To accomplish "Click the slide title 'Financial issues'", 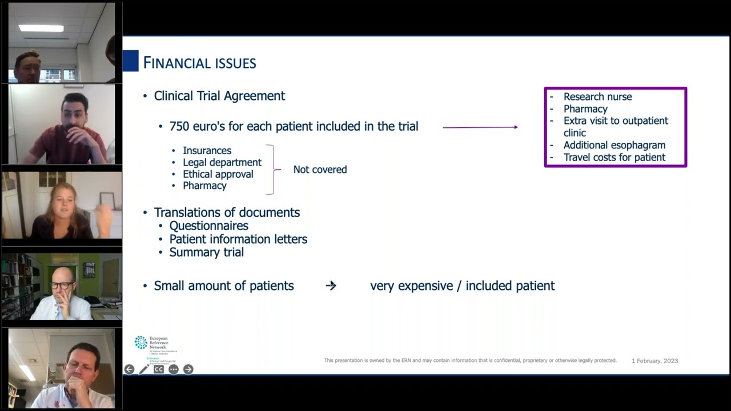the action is (199, 63).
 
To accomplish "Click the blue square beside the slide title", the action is (131, 61).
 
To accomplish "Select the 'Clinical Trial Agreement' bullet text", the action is (219, 96).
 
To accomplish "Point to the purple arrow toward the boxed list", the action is (480, 127).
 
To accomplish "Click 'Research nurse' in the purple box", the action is (597, 97).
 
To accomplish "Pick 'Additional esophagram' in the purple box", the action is (614, 145).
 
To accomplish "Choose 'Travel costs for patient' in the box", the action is (614, 158).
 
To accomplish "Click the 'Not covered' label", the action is (320, 170).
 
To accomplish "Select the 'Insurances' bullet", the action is (207, 151).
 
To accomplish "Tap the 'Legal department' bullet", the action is (222, 163).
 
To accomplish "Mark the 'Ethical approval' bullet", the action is (218, 174).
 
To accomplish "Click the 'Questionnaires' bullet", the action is (208, 225).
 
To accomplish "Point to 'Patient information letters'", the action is (238, 239).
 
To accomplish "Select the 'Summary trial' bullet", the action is (206, 252).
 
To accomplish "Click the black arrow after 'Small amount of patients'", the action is (331, 285).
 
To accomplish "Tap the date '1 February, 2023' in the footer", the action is (654, 361).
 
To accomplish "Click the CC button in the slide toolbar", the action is (159, 369).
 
